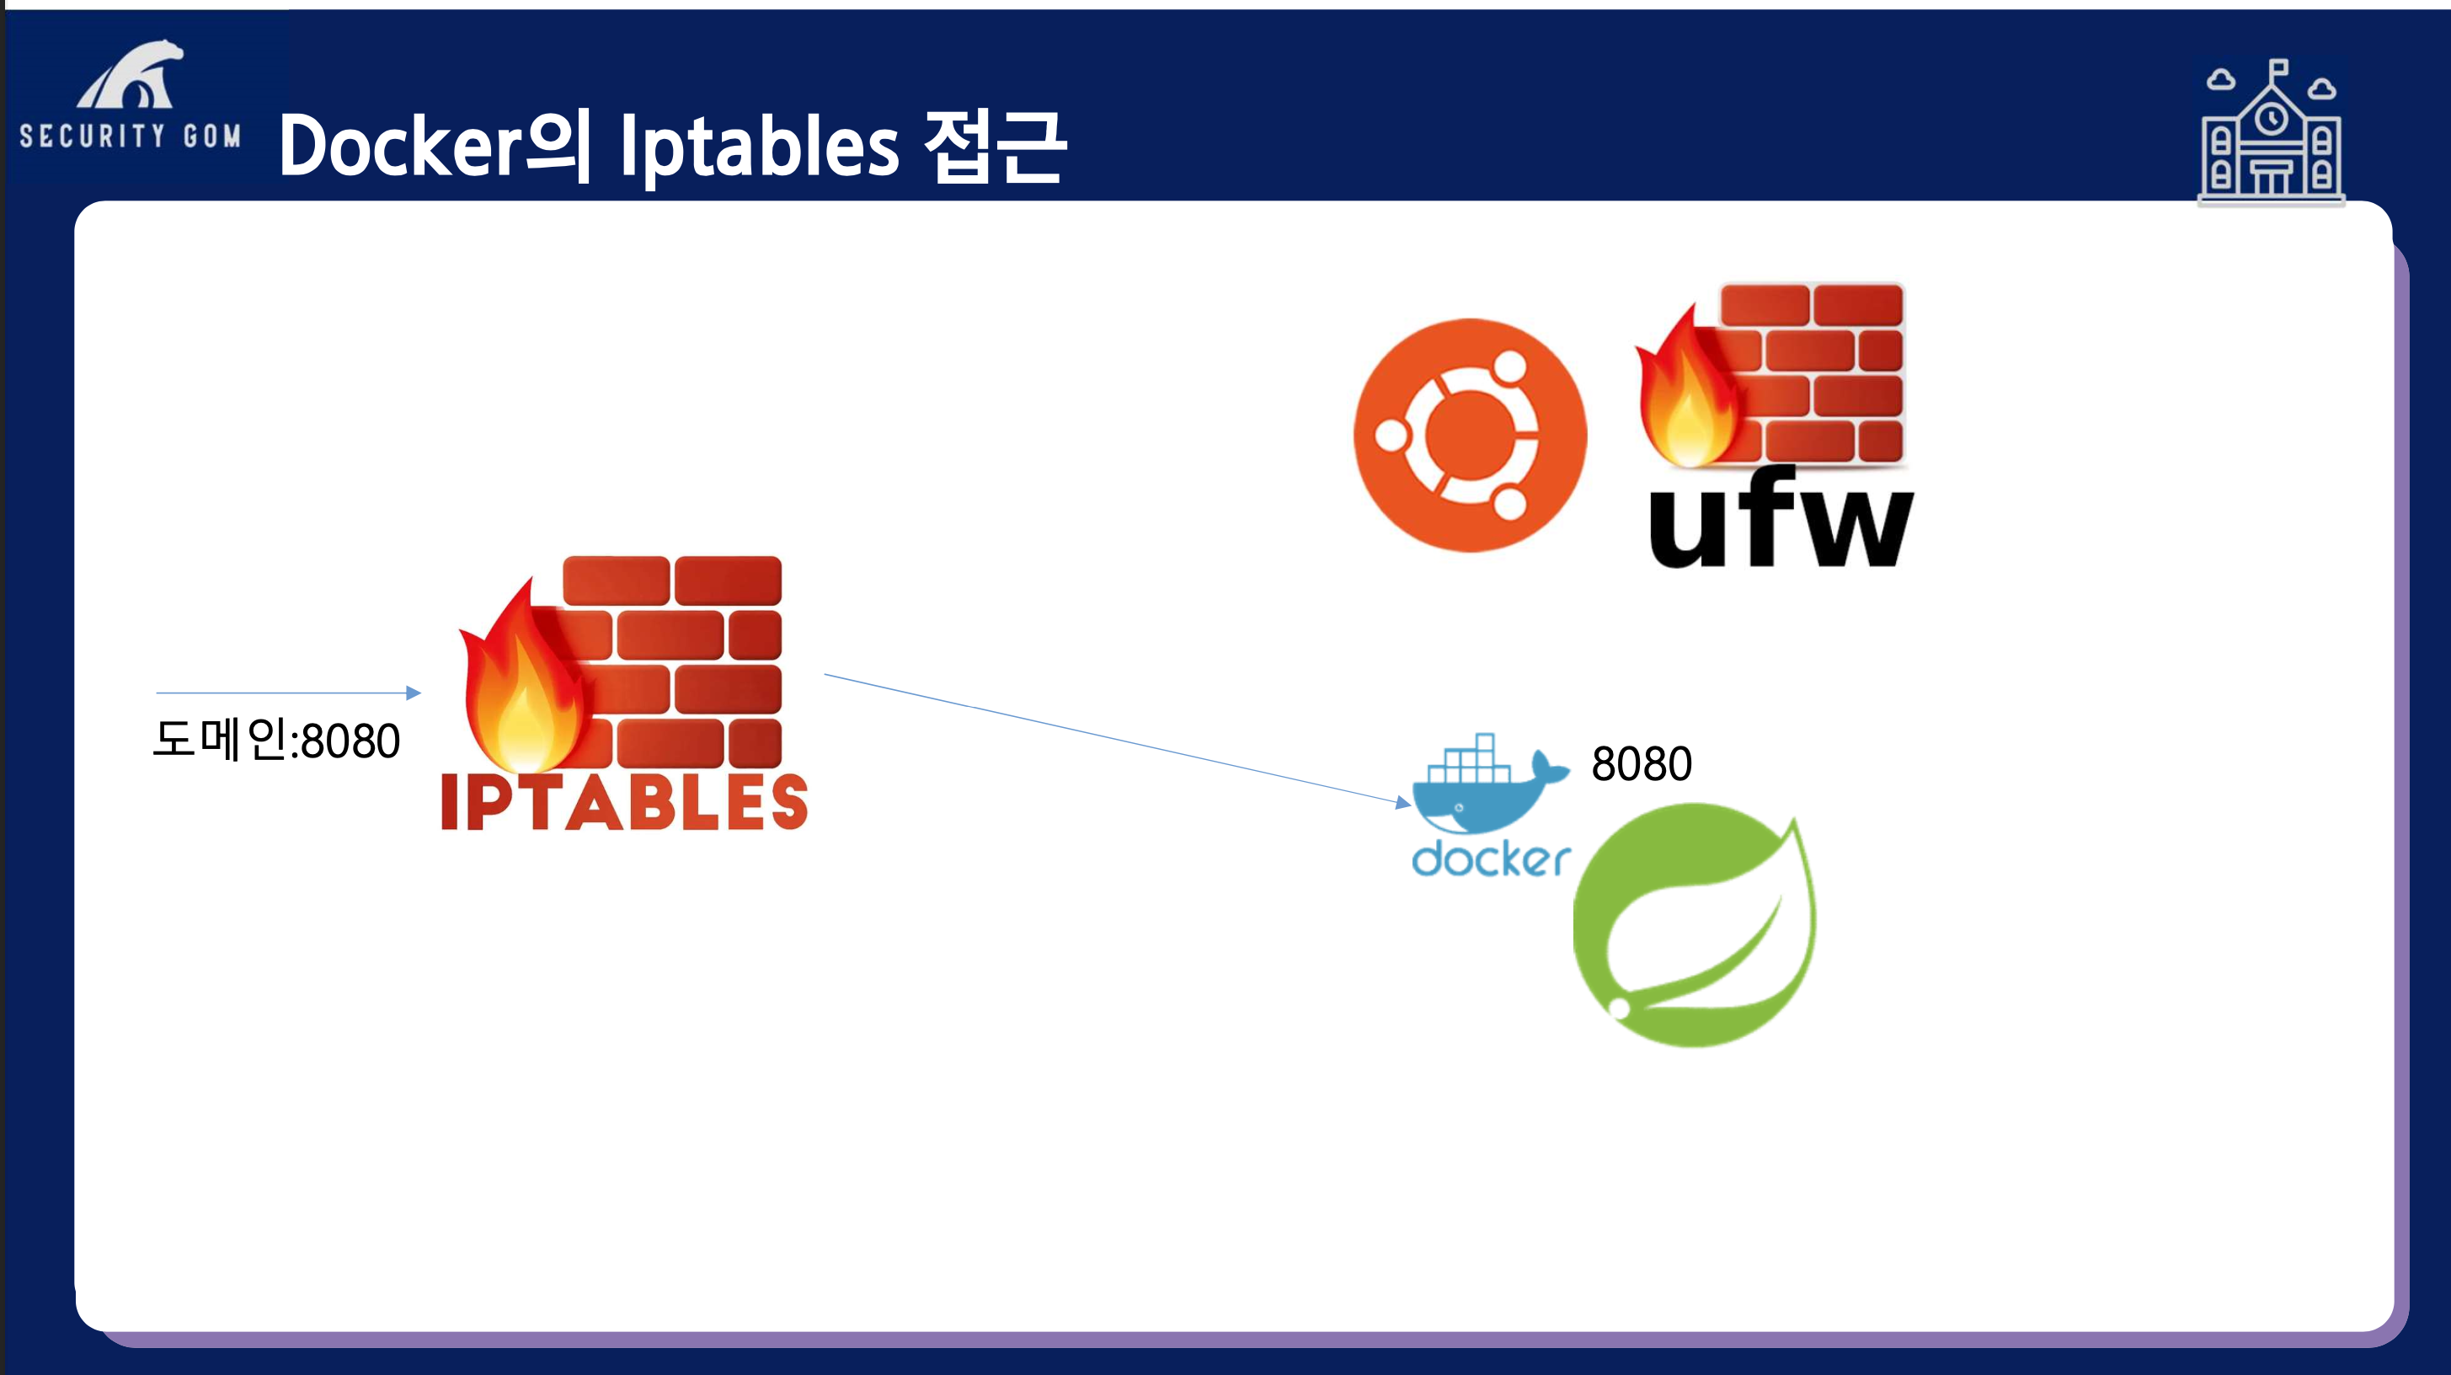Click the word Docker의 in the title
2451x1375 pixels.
tap(433, 147)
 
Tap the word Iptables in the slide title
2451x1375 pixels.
tap(758, 147)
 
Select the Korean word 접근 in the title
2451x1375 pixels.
tap(994, 147)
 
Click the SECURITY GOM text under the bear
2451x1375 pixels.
tap(131, 136)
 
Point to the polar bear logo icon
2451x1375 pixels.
tap(131, 76)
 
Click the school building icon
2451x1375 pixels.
tap(2270, 133)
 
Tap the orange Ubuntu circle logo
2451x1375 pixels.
tap(1470, 435)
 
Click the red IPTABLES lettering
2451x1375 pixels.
tap(624, 802)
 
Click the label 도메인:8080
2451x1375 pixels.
tap(276, 741)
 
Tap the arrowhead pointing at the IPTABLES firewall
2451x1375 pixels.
tap(414, 693)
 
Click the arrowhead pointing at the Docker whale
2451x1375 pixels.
tap(1402, 802)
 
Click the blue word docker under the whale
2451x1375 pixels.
tap(1490, 859)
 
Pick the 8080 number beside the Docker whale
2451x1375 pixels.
tap(1642, 764)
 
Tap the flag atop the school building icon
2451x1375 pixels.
tap(2279, 67)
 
